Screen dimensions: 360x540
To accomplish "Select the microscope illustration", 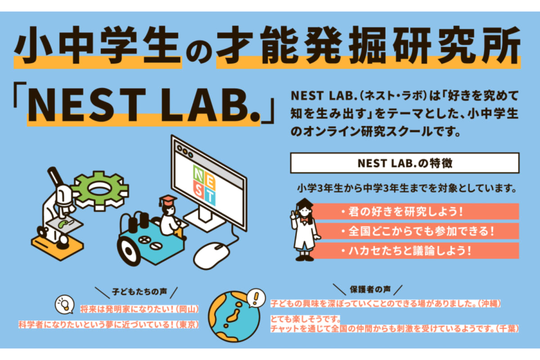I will pos(58,211).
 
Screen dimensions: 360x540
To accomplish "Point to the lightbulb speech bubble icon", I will pos(64,304).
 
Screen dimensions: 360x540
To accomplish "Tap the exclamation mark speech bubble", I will pos(256,297).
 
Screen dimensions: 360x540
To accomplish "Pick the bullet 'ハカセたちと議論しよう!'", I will pos(405,251).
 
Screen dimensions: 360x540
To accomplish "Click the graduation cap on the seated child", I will pos(167,199).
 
